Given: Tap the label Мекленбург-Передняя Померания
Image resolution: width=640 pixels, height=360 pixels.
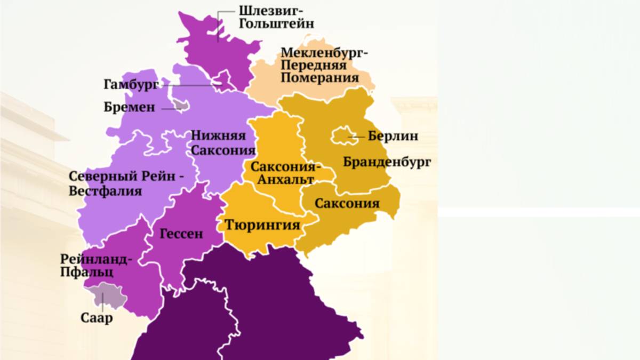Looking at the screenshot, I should [x=324, y=65].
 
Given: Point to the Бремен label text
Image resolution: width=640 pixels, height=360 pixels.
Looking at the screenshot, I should [x=130, y=108].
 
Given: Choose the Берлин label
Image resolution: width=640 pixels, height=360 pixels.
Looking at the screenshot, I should [x=393, y=136].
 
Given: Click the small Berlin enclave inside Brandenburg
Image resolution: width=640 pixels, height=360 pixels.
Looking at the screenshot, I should [x=342, y=137].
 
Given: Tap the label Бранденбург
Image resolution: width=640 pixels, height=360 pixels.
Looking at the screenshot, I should [x=387, y=162].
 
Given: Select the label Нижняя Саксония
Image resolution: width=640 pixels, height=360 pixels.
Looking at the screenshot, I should [x=218, y=142].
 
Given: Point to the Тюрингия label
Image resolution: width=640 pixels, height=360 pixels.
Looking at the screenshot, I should [x=262, y=225].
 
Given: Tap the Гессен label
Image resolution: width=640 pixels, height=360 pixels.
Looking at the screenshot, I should [x=181, y=233].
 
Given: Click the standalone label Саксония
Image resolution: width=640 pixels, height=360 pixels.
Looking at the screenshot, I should [x=347, y=203].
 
